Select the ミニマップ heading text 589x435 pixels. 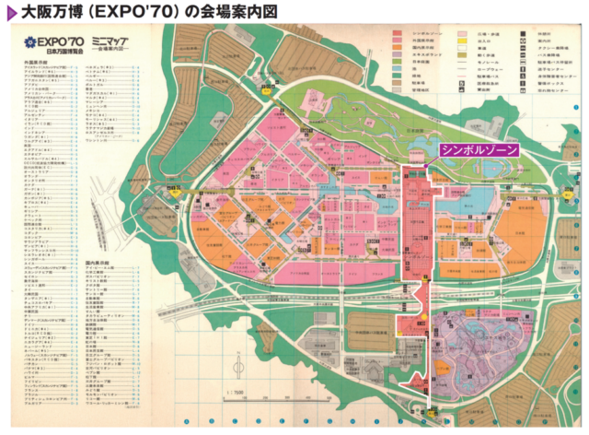102,41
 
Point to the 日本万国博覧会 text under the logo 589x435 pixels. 52,53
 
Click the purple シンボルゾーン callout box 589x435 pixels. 479,149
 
